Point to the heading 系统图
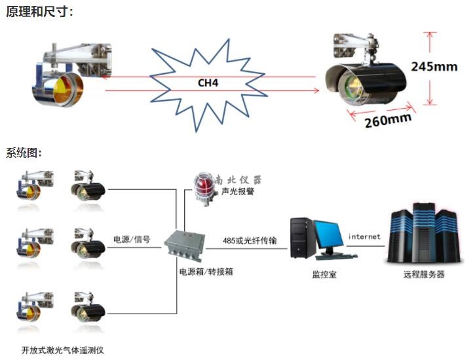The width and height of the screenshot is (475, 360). [24, 153]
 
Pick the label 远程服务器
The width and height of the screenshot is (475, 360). [423, 275]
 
